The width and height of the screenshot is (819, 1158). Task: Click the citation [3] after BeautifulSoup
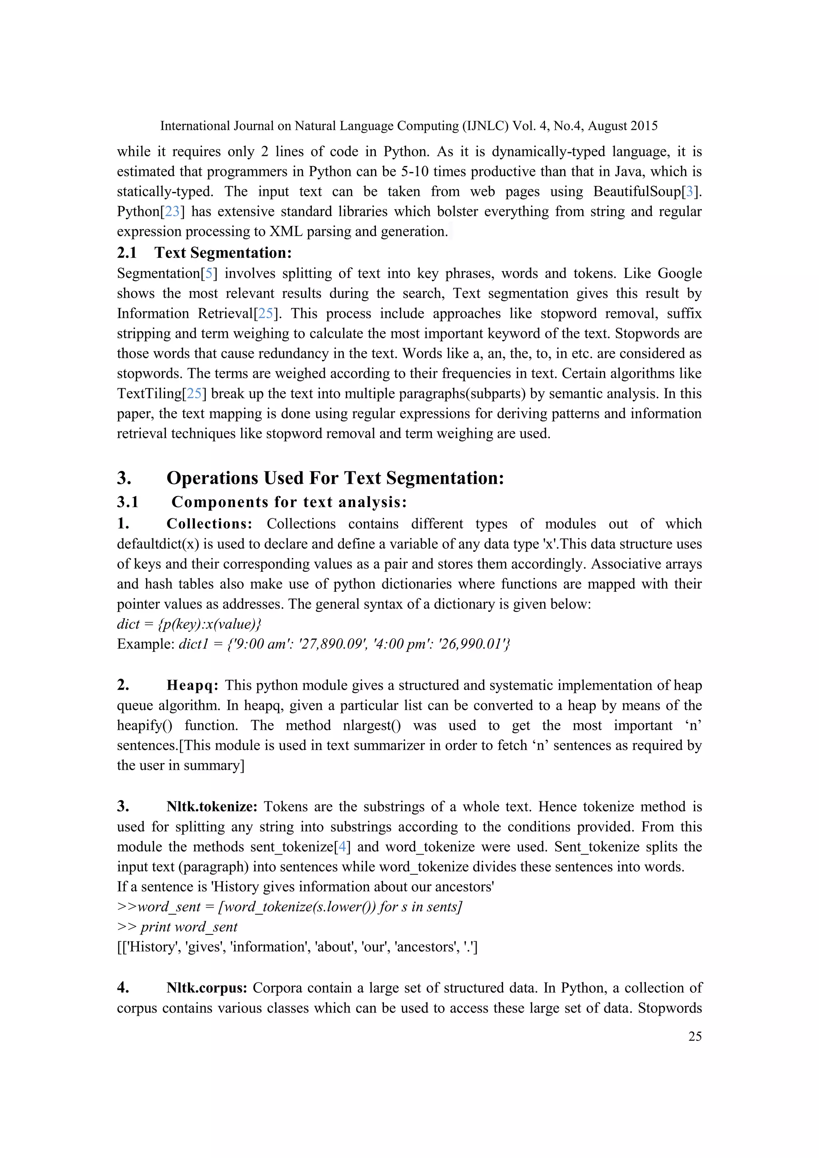click(689, 192)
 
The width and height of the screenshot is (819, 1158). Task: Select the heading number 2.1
click(127, 252)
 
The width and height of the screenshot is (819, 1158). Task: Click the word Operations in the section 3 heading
click(212, 477)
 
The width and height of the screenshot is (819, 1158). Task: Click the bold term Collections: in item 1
click(209, 523)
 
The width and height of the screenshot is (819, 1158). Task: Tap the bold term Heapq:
click(192, 685)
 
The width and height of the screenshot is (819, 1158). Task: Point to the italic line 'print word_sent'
click(189, 927)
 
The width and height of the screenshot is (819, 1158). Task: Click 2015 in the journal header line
click(643, 126)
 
